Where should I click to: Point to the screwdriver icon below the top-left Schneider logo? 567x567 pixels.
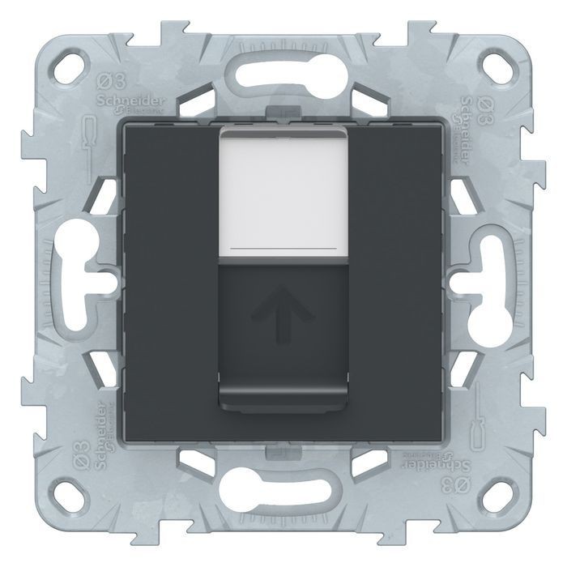[90, 134]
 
